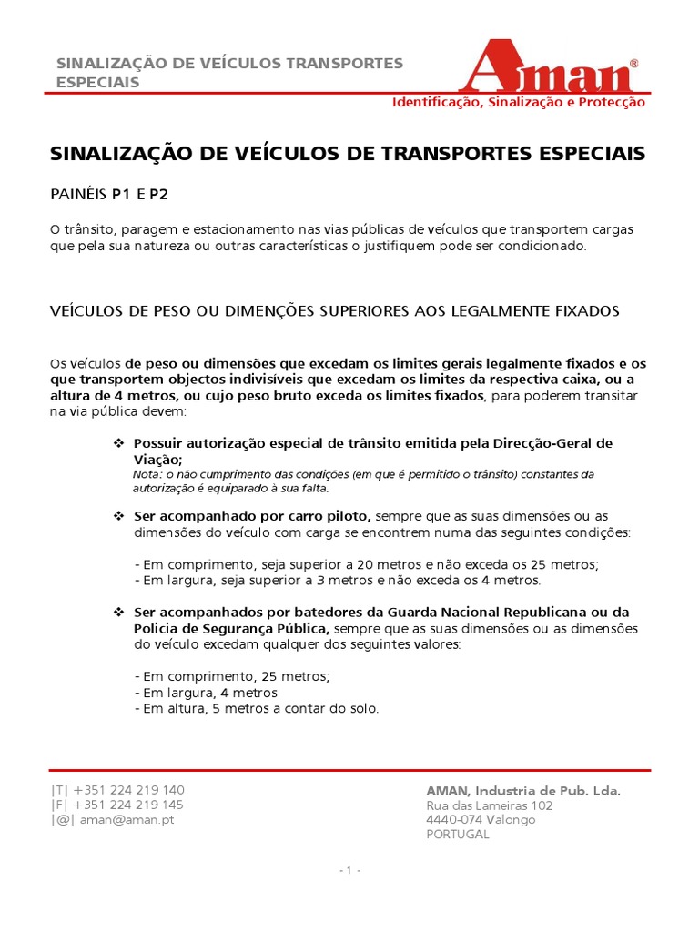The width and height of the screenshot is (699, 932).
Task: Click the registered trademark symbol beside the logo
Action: point(633,64)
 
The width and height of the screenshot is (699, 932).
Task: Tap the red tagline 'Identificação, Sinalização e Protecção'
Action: point(518,102)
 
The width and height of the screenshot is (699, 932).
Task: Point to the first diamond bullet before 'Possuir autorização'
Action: point(117,443)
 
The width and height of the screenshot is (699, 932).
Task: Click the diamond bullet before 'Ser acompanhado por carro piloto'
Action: point(117,516)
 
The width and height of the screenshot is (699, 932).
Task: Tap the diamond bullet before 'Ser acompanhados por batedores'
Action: point(117,613)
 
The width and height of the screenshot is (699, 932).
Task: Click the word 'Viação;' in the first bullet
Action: point(157,460)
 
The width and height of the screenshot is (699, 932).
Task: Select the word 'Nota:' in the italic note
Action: point(147,475)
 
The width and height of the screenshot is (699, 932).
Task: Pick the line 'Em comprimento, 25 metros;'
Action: point(232,676)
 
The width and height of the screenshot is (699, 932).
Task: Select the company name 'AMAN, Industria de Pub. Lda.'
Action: point(523,791)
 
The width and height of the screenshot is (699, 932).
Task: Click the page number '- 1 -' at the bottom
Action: point(349,870)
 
